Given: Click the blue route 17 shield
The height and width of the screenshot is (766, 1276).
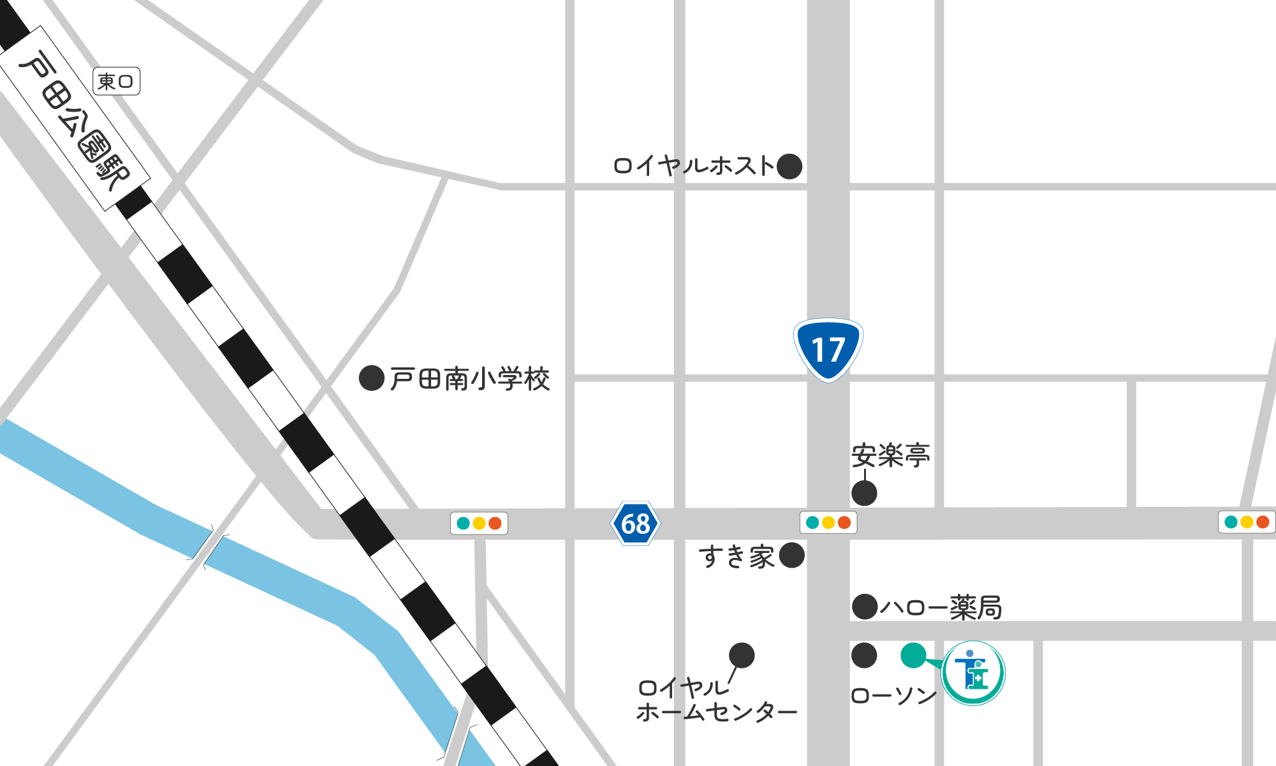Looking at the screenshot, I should (x=828, y=350).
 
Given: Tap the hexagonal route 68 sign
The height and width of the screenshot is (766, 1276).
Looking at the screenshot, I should (x=635, y=524).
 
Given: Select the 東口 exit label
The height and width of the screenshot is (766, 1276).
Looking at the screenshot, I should (x=116, y=82).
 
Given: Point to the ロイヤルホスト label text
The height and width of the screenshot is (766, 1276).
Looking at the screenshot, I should (x=693, y=166).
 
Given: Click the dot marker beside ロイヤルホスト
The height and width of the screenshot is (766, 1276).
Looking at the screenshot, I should (x=789, y=166).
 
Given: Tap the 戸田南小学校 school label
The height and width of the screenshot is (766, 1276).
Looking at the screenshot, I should (x=469, y=379).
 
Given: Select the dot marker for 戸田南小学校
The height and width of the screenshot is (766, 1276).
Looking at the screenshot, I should (x=371, y=378).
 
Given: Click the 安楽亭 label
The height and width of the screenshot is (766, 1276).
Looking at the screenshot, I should (x=890, y=455).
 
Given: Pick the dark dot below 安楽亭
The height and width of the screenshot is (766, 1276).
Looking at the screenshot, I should (x=864, y=493).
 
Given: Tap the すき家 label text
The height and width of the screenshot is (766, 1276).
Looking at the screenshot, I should (x=737, y=557).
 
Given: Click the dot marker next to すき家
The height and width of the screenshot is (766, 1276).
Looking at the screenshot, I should (x=792, y=556).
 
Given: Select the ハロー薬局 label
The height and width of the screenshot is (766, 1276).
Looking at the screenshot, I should (x=941, y=607).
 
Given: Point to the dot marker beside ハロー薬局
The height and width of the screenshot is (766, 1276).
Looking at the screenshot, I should (x=865, y=607).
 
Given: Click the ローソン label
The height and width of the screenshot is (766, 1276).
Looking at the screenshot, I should (x=894, y=696).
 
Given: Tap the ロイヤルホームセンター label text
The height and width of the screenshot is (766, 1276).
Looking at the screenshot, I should (x=715, y=700).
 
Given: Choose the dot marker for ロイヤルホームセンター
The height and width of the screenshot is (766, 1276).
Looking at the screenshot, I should (x=742, y=655).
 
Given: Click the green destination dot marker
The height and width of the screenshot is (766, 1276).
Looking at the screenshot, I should (x=913, y=655).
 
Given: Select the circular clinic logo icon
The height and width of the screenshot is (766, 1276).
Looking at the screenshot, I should (x=973, y=673).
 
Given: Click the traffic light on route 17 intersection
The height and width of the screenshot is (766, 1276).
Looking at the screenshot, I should (x=828, y=523).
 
